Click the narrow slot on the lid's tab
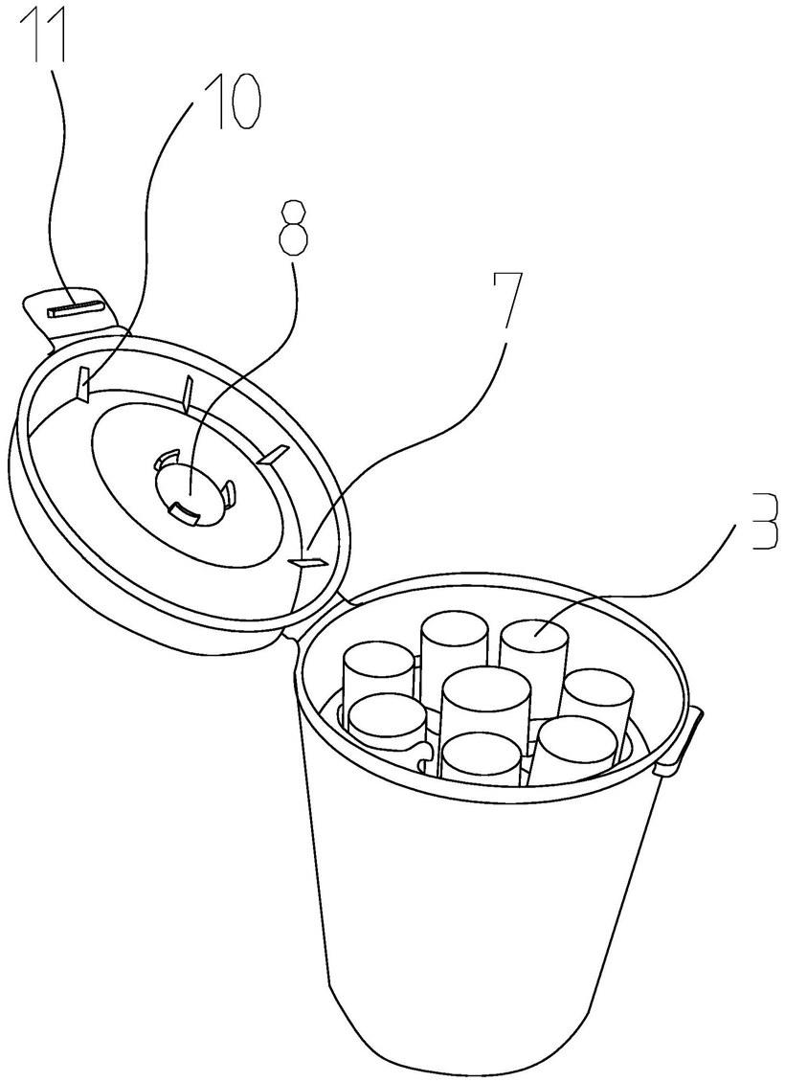coord(75,308)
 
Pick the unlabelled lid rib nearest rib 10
coord(188,391)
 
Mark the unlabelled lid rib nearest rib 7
coord(274,455)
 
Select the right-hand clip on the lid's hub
coord(228,493)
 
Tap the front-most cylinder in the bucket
coord(482,756)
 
